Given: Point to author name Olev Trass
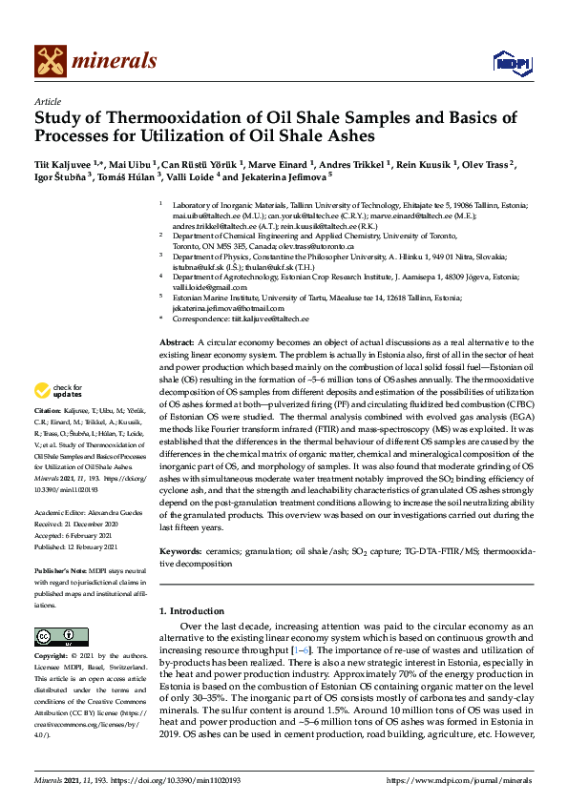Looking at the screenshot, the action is coord(486,164).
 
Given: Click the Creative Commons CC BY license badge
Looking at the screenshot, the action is coord(54,636).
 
